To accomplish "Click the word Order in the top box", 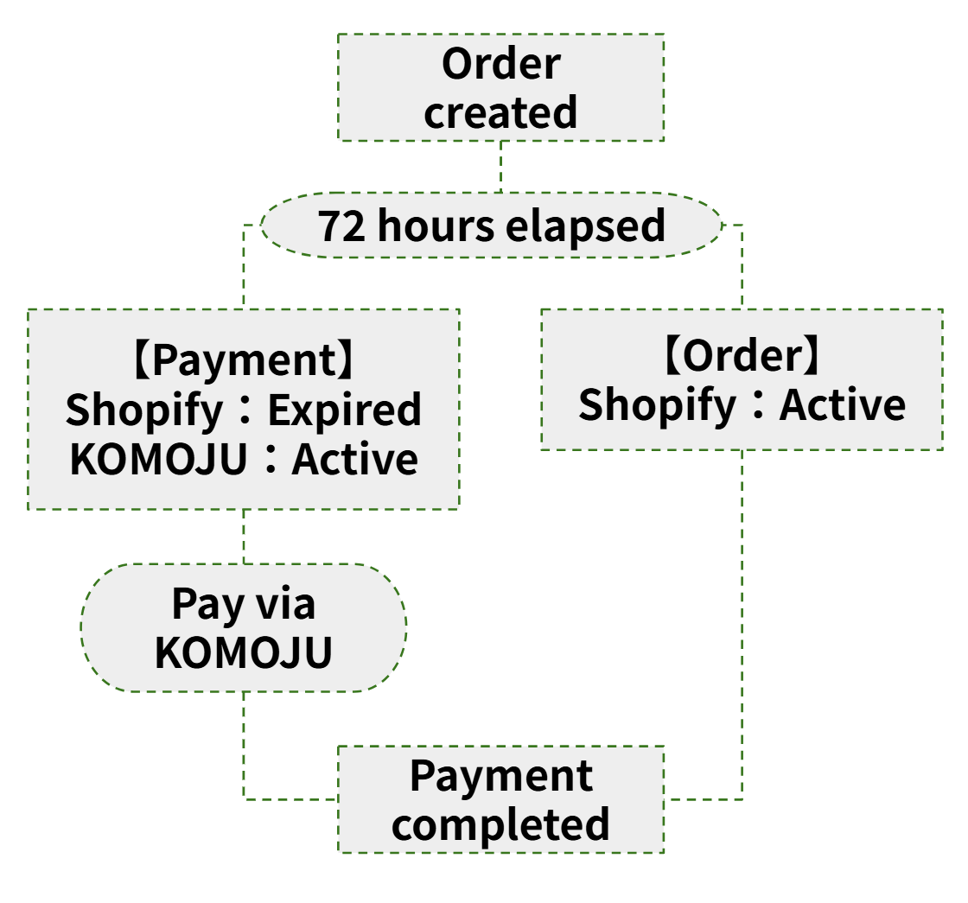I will tap(500, 65).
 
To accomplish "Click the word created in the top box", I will tap(500, 113).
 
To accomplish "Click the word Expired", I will tap(344, 410).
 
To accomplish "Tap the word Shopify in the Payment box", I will tap(143, 410).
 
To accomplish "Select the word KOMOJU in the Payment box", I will tap(158, 459).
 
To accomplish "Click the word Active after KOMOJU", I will tap(355, 459).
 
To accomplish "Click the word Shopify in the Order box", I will tap(656, 404).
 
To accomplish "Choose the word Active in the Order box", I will tap(843, 404).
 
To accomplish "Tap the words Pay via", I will tap(244, 603).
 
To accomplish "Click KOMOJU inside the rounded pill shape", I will tap(244, 652).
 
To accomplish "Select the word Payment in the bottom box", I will tap(500, 775).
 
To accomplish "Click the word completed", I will tap(500, 824).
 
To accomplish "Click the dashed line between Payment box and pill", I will tap(244, 536).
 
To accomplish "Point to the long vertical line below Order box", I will tap(742, 622).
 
